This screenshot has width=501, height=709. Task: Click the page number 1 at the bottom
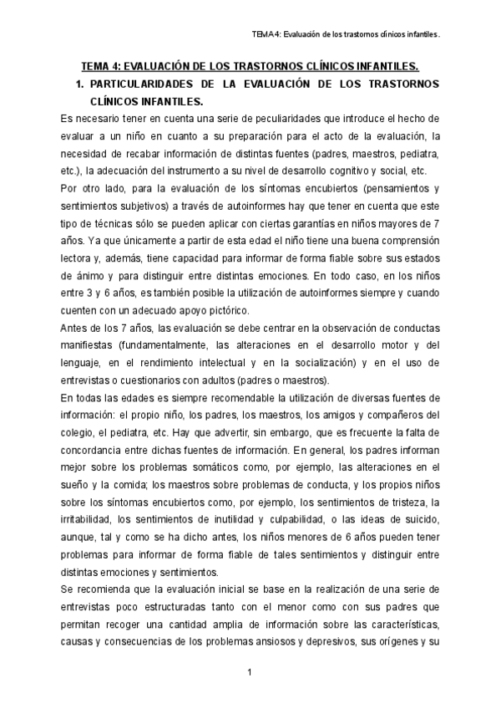coord(249,673)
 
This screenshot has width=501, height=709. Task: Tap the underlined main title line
coord(250,67)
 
